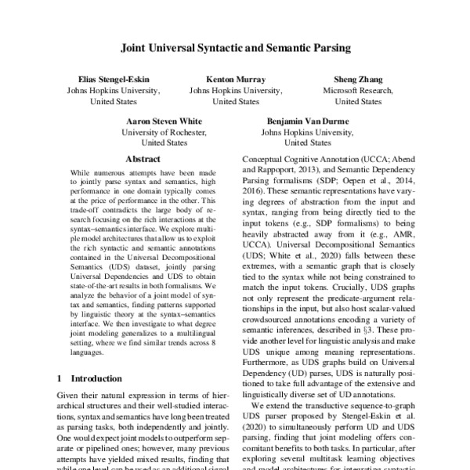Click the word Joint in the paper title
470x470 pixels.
pyautogui.click(x=135, y=48)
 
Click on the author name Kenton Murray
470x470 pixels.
pyautogui.click(x=236, y=79)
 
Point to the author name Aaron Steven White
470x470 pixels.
pyautogui.click(x=164, y=121)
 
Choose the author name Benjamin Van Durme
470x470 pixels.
pyautogui.click(x=308, y=121)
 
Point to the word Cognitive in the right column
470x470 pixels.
pyautogui.click(x=289, y=157)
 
